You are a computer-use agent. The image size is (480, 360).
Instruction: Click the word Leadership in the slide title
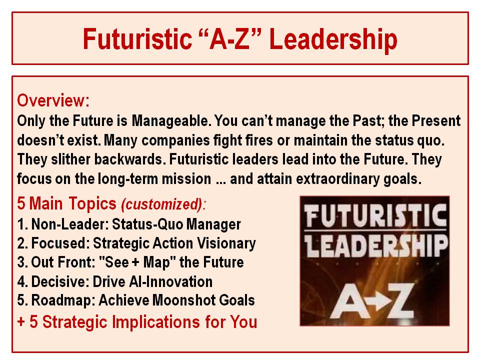tap(333, 39)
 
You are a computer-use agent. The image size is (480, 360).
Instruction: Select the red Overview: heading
tap(53, 100)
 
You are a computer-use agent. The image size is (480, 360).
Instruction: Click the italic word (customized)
tap(162, 204)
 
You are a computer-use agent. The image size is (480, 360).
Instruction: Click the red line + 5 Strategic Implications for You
tap(137, 321)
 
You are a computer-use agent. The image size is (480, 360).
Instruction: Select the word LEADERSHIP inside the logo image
tap(375, 244)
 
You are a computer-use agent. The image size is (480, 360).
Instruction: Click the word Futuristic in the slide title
tap(137, 39)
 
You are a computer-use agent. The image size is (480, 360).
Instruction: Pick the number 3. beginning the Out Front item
tap(22, 262)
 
